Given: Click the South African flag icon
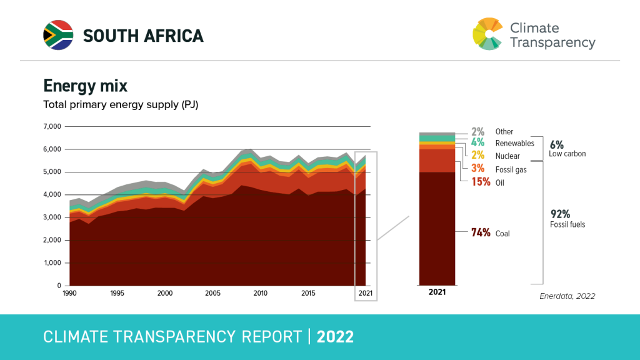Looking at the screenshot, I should pyautogui.click(x=58, y=35).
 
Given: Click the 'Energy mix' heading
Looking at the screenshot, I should pyautogui.click(x=85, y=85).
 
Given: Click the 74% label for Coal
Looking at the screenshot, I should pyautogui.click(x=481, y=233).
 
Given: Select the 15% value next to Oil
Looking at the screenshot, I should pyautogui.click(x=481, y=182).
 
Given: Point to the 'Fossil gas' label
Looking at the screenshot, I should pyautogui.click(x=512, y=169).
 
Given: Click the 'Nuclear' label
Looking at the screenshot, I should pyautogui.click(x=507, y=156).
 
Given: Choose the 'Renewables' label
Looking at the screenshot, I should pyautogui.click(x=515, y=143).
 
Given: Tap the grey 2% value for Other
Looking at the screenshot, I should pyautogui.click(x=478, y=131).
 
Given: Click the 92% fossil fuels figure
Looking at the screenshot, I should pyautogui.click(x=560, y=214).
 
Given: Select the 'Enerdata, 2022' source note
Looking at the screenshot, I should pyautogui.click(x=567, y=296).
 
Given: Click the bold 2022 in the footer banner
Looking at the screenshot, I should pyautogui.click(x=335, y=337).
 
